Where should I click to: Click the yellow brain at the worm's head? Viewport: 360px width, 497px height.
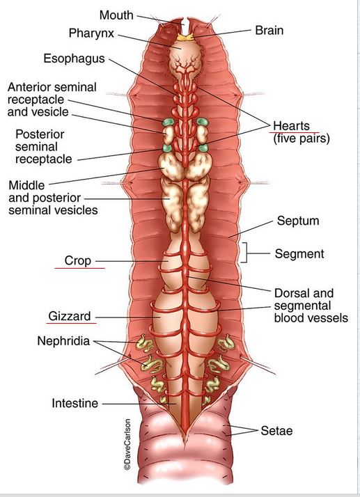pos(185,38)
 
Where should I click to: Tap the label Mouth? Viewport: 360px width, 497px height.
pos(116,15)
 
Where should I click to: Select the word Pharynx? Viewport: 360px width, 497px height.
pos(91,33)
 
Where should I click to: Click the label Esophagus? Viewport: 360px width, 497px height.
pos(75,58)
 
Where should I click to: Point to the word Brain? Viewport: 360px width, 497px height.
pos(269,31)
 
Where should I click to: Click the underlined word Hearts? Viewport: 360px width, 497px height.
pos(291,125)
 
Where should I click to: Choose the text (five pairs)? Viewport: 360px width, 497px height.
pos(302,139)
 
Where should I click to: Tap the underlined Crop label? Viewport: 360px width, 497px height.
pos(78,260)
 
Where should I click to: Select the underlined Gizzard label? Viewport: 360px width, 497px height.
pos(70,316)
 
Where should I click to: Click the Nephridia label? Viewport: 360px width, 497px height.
pos(63,341)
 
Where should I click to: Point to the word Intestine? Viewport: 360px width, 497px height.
pos(75,403)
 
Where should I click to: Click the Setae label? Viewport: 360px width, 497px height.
pos(276,431)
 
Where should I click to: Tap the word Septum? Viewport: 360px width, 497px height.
pos(298,221)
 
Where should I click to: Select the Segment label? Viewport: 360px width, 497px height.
pos(299,254)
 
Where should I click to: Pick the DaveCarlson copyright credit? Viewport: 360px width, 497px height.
pos(127,444)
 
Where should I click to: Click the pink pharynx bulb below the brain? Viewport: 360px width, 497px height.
pos(184,58)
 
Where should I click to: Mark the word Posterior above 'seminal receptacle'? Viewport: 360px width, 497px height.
pos(40,134)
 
